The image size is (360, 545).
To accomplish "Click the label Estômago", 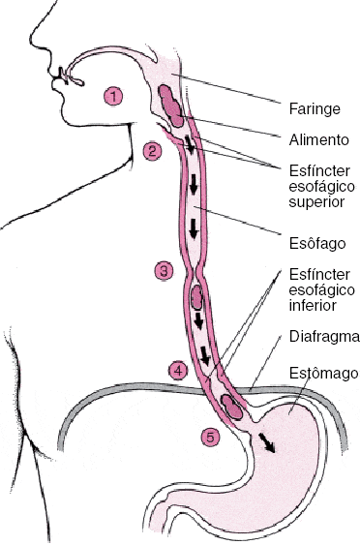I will coord(321,372).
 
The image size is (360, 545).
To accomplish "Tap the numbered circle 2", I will coord(152,150).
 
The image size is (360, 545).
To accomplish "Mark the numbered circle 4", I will coord(177,370).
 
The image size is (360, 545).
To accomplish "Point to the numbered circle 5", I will coord(210,437).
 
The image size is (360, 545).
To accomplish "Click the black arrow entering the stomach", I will coord(265,442).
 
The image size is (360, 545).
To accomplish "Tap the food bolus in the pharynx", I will coord(171,105).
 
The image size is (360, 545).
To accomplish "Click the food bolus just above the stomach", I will coord(232,405).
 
